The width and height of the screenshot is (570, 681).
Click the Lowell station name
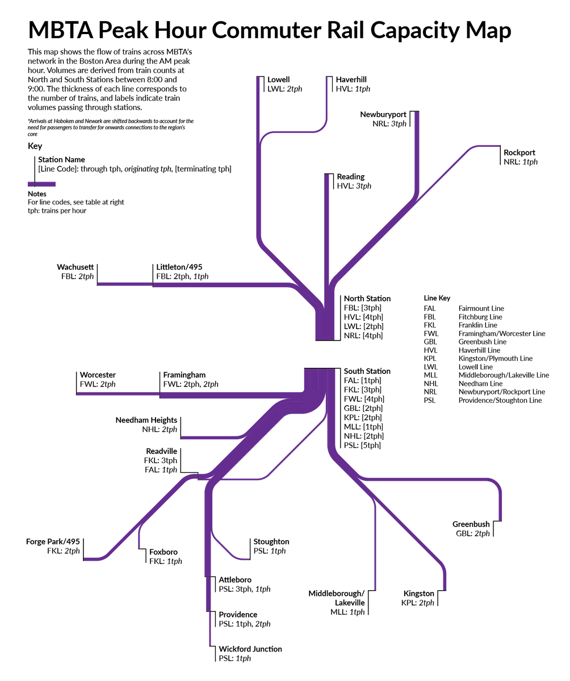point(278,80)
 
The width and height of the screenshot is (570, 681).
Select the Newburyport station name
point(383,115)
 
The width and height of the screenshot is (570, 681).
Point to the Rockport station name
point(519,153)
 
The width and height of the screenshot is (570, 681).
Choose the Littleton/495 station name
point(179,267)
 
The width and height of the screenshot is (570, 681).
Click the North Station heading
point(367,299)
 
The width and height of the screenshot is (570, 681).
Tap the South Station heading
point(367,371)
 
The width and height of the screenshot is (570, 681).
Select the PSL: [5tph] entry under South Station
point(362,445)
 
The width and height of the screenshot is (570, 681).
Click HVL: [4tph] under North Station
point(363,317)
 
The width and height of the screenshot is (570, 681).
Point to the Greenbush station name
point(471,524)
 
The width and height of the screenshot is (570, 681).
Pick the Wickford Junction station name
point(250,649)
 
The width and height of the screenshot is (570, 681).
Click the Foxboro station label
point(164,552)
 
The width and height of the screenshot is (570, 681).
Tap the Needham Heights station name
point(146,421)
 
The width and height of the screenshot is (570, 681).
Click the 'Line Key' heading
point(437,298)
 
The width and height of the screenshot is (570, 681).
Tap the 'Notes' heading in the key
point(37,194)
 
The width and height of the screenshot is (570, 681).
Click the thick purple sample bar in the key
point(41,184)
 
